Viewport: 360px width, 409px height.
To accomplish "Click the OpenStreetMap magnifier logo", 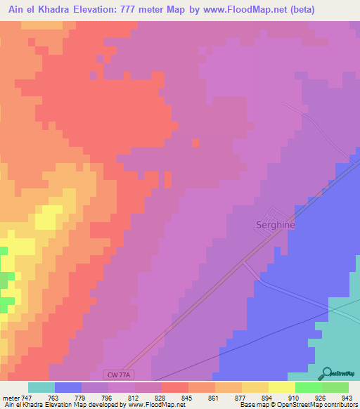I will click(326, 374).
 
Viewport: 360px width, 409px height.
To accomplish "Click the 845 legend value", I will click(178, 398).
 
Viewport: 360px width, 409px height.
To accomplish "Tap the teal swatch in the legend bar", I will click(41, 387).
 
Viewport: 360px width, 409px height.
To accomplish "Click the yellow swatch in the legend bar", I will click(282, 387).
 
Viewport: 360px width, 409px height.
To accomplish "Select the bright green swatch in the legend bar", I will click(309, 387).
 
